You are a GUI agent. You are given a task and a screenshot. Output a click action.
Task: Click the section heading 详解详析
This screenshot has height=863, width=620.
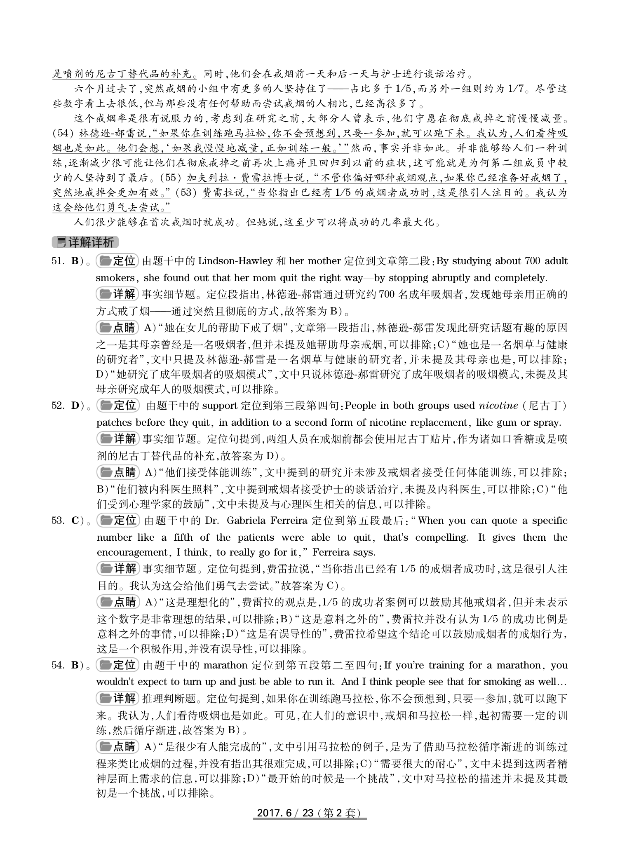coord(86,242)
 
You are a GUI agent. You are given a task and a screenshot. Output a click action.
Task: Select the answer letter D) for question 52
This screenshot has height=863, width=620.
coord(77,406)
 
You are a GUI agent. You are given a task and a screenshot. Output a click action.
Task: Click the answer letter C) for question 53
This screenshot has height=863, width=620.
coord(77,521)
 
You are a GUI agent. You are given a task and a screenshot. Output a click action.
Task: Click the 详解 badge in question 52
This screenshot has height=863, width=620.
coord(118,439)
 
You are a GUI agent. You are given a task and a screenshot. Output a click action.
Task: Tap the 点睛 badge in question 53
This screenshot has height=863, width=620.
coord(118,602)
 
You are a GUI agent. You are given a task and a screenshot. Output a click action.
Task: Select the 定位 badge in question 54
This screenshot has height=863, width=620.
coord(117,665)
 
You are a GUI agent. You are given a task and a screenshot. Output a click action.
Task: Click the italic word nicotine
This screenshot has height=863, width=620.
coord(498,406)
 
